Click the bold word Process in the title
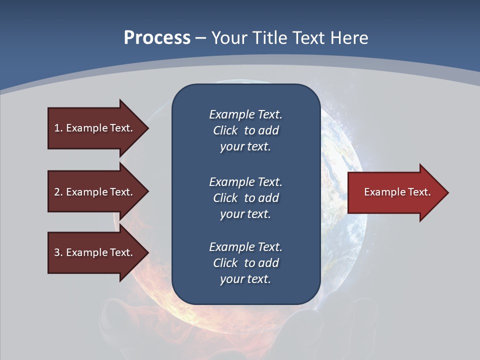coord(157,38)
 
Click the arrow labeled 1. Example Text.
coord(95,128)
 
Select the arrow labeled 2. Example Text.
coord(95,192)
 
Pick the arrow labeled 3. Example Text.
coord(95,252)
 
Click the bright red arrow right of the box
coord(395,192)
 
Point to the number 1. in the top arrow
coord(58,128)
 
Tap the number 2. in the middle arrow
coord(58,192)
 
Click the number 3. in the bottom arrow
coord(58,252)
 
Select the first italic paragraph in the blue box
coord(245,130)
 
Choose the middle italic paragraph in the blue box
coord(245,197)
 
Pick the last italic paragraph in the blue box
coord(245,263)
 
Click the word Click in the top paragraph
coord(225,130)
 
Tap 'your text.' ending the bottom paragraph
coord(245,279)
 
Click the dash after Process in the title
coord(200,38)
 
